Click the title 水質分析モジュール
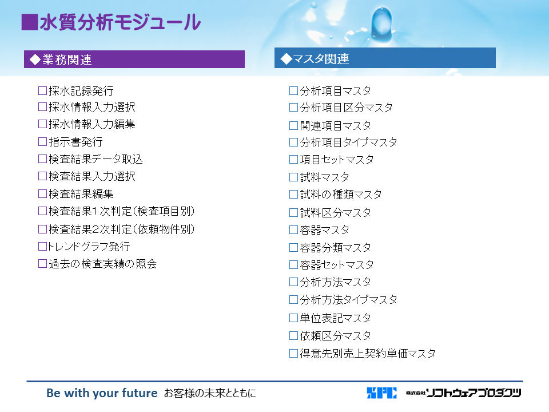coord(120,22)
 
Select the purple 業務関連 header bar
coord(134,59)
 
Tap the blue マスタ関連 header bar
coord(385,58)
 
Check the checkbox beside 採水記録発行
coord(42,91)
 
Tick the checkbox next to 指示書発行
coord(42,141)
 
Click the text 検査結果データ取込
coord(96,159)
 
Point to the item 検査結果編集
coord(81,194)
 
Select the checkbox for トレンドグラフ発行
coord(42,246)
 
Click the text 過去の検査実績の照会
coord(102,263)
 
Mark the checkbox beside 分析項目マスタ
coord(293,91)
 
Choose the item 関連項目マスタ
coord(336,125)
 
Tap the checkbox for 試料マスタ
coord(293,177)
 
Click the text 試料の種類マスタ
coord(341,194)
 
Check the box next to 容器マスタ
coord(293,230)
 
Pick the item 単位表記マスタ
coord(336,318)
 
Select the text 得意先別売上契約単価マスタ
coord(368,353)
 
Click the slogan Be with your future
coord(102,393)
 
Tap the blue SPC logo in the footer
coord(381,393)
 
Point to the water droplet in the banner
coord(382,24)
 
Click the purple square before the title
coord(29,22)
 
